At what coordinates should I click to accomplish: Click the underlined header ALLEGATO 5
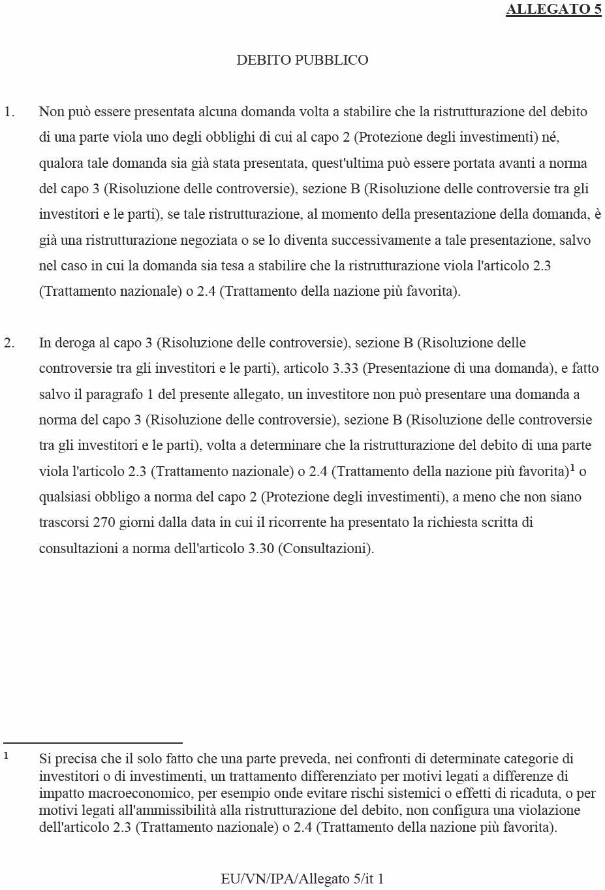pyautogui.click(x=553, y=9)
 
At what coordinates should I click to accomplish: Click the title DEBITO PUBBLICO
pyautogui.click(x=302, y=60)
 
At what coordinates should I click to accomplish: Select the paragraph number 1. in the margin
pyautogui.click(x=9, y=112)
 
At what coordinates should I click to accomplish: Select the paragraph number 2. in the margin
pyautogui.click(x=9, y=343)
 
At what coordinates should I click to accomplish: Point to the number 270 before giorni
pyautogui.click(x=104, y=522)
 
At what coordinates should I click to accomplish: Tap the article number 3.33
pyautogui.click(x=345, y=368)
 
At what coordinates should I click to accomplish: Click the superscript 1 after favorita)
pyautogui.click(x=572, y=468)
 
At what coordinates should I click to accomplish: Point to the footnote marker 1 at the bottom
pyautogui.click(x=6, y=755)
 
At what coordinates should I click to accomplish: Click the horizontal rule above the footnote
pyautogui.click(x=93, y=743)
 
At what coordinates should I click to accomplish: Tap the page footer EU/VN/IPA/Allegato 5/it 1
pyautogui.click(x=302, y=879)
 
